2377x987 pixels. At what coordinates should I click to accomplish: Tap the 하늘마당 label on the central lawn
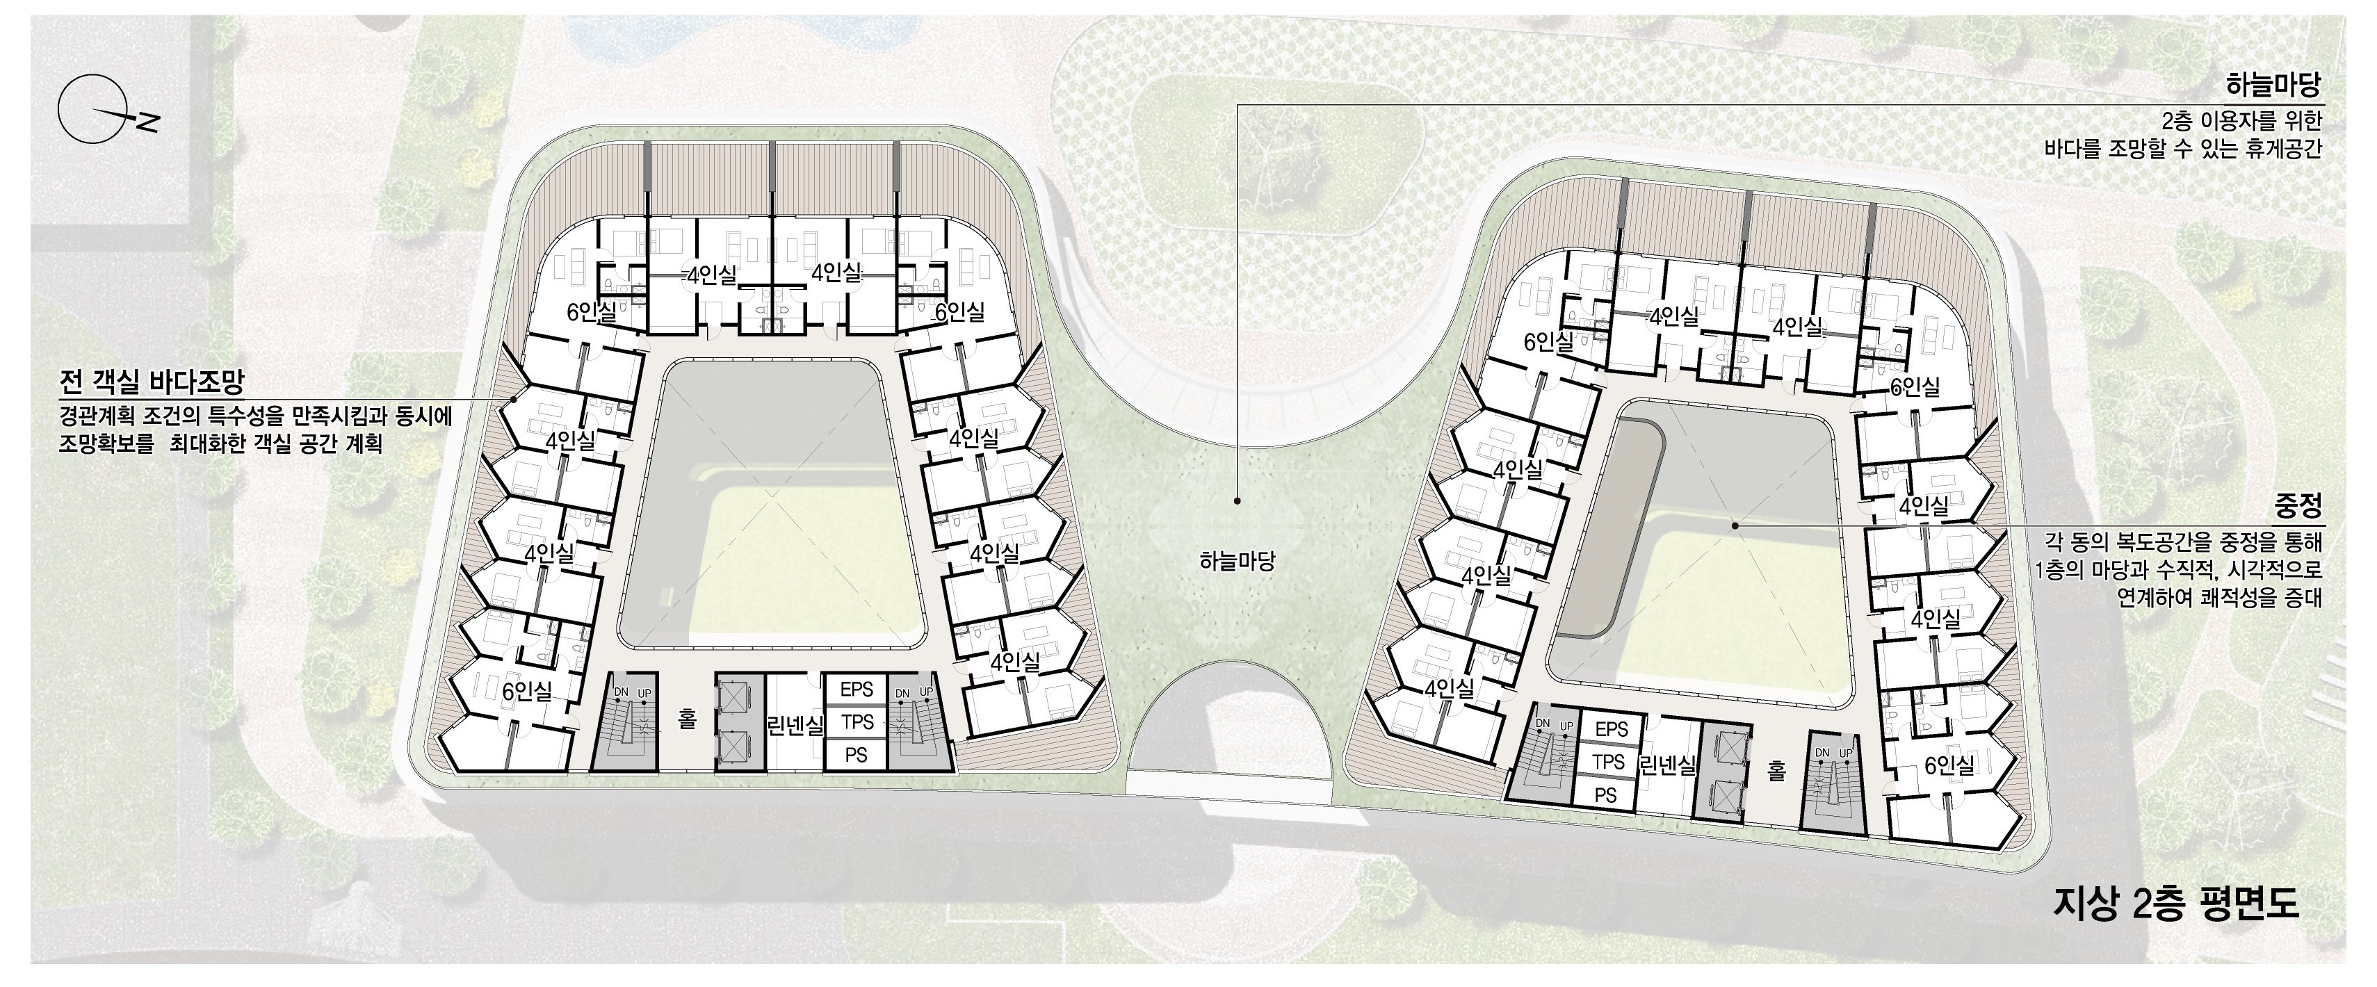click(x=1237, y=560)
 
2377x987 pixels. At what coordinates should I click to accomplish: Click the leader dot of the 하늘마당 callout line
click(x=1238, y=501)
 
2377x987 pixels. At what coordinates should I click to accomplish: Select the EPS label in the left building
click(x=857, y=689)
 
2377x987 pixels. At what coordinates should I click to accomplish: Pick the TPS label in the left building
click(x=857, y=722)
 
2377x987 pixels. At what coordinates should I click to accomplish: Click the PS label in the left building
click(x=857, y=756)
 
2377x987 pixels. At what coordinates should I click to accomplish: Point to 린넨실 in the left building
click(x=795, y=725)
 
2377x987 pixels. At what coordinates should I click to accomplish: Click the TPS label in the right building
click(x=1608, y=762)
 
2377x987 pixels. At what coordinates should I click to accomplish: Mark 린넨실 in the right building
click(x=1667, y=765)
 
